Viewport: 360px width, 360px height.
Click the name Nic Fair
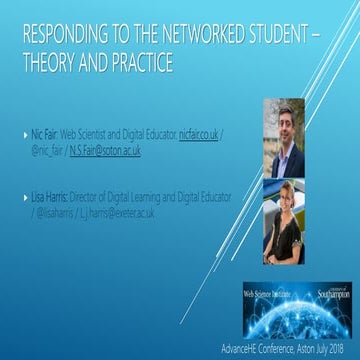coord(43,132)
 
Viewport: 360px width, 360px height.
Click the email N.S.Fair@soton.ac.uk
coord(106,149)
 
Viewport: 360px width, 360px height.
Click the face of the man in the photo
coord(281,120)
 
